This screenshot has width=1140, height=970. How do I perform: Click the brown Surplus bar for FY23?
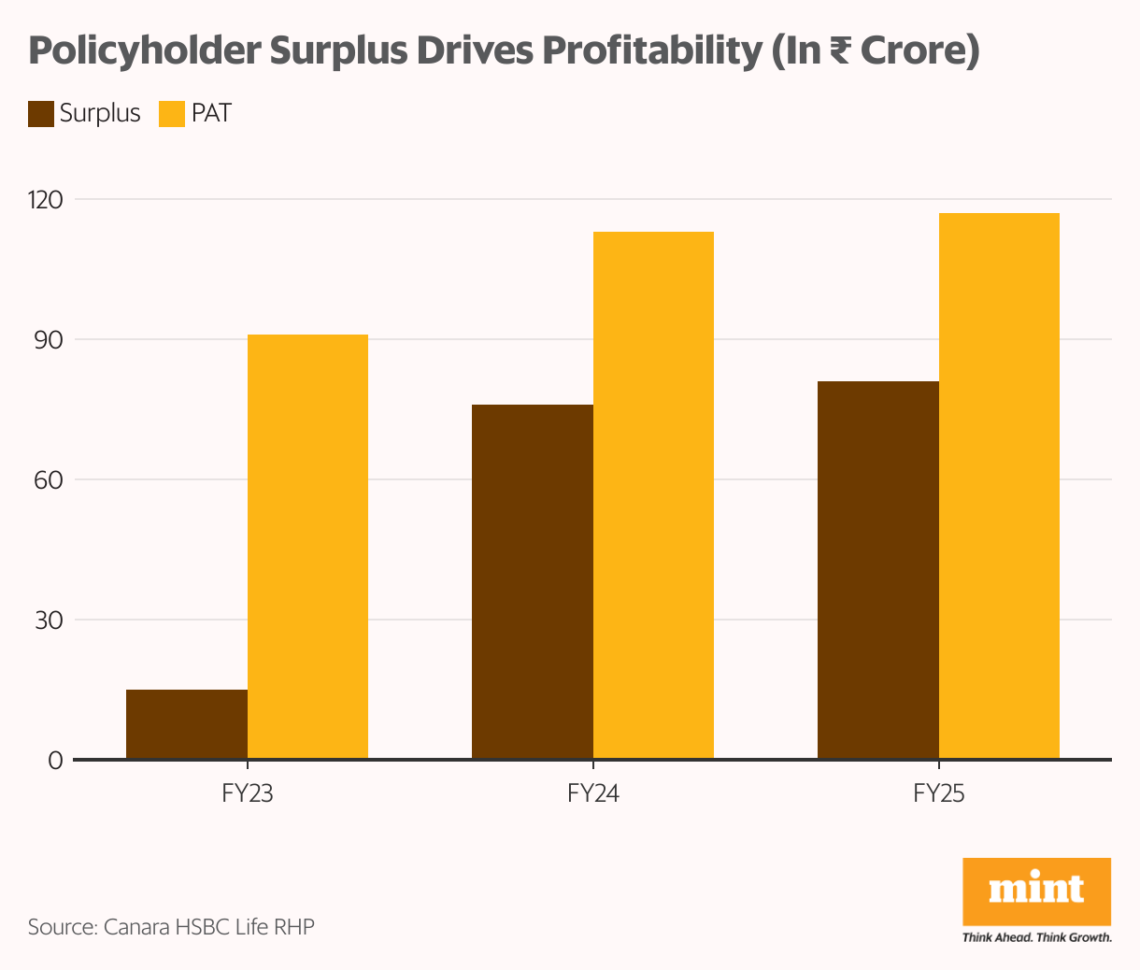(187, 724)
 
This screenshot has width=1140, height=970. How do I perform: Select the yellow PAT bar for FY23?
(307, 547)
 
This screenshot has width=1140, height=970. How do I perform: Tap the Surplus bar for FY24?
(533, 581)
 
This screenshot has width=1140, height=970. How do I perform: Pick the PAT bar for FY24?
(653, 495)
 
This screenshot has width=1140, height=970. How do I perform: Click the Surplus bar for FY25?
(878, 570)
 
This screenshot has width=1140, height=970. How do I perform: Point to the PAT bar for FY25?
(999, 486)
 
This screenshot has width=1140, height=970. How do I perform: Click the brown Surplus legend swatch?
(41, 114)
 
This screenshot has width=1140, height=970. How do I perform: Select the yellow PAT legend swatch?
(172, 114)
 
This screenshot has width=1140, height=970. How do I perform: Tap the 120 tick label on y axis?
(47, 200)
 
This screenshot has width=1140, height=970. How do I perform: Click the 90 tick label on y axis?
(50, 340)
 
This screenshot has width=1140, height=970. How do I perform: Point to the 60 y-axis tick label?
(50, 480)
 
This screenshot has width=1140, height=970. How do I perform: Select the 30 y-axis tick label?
(50, 621)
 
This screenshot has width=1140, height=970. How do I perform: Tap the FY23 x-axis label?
(248, 794)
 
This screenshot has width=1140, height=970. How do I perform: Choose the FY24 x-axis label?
(593, 794)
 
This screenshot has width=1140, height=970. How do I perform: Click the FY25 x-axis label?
(939, 794)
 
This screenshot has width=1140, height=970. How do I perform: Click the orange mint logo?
(1036, 892)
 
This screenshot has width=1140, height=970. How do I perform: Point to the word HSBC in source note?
(202, 927)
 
